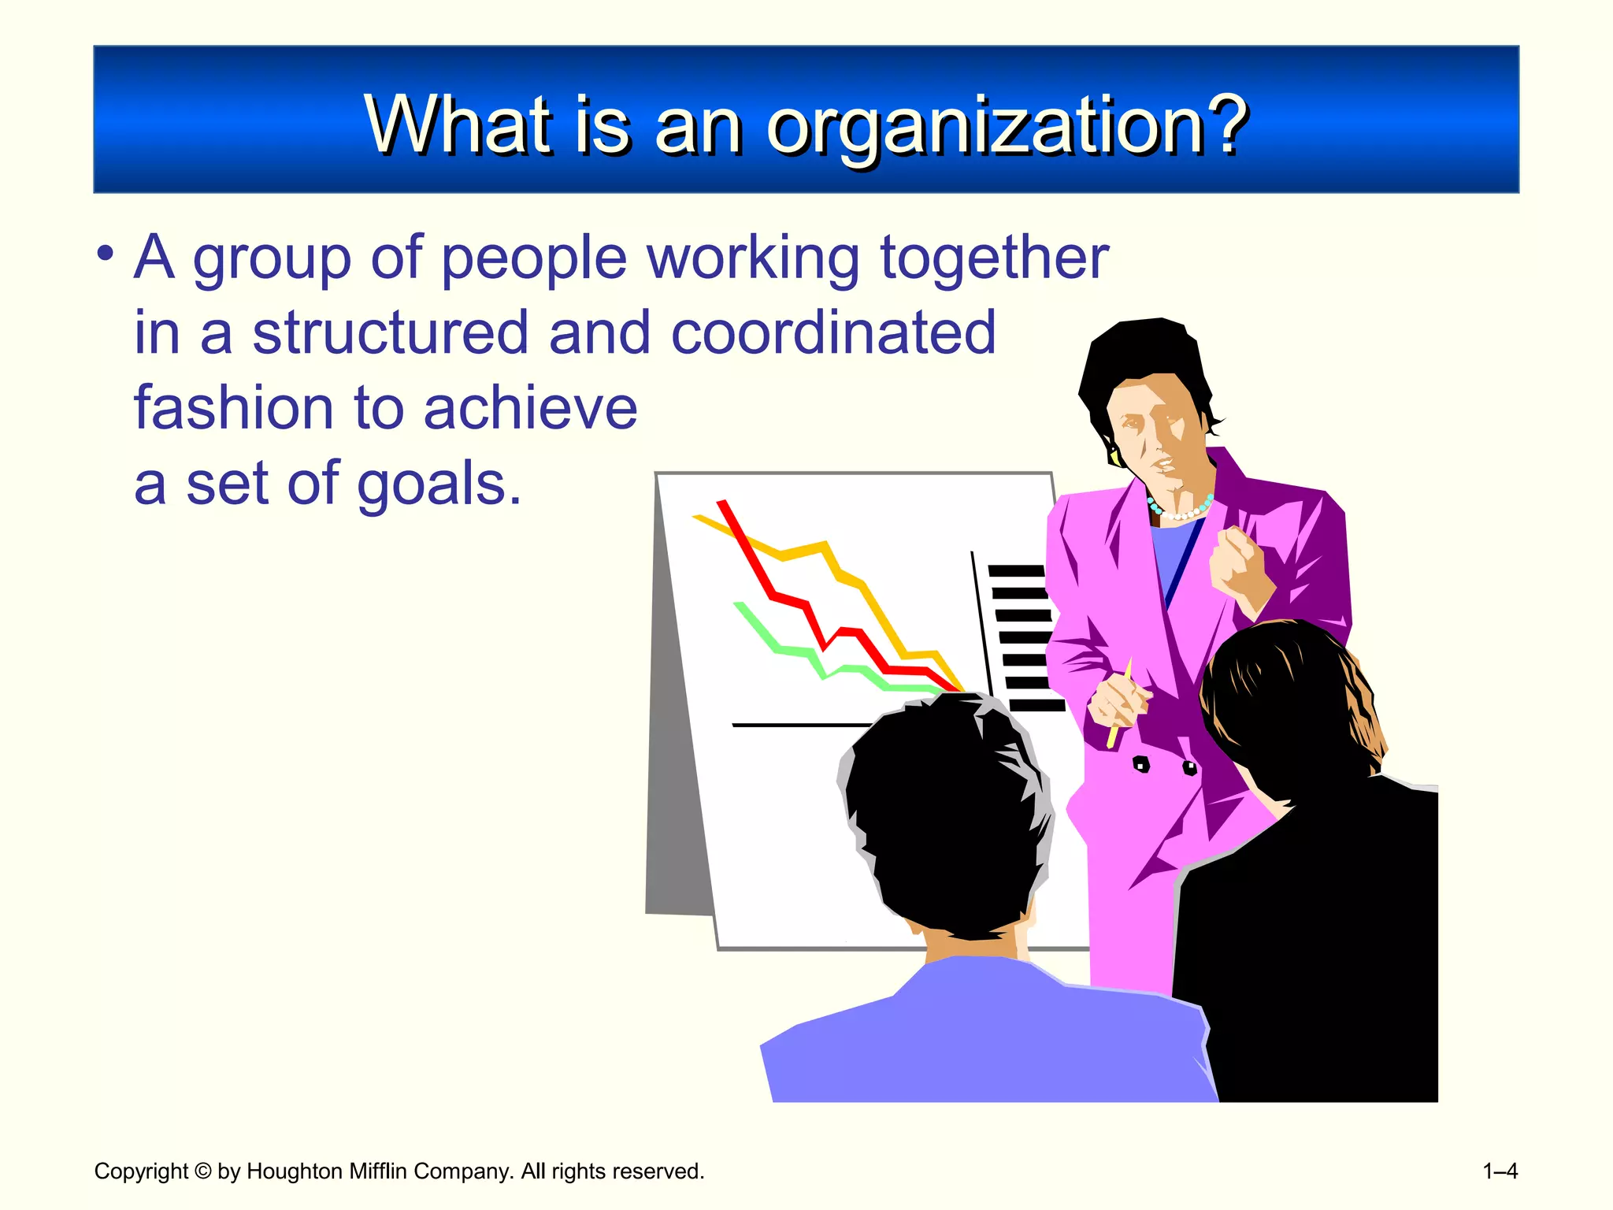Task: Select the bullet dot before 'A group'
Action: pos(106,254)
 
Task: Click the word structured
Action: pos(390,332)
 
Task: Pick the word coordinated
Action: pos(833,332)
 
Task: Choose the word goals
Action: pos(438,485)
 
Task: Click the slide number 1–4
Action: pos(1500,1171)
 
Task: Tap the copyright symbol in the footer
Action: pos(202,1171)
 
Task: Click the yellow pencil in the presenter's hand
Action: pos(1118,709)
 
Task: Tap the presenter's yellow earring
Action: pos(1114,455)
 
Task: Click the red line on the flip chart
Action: pos(788,599)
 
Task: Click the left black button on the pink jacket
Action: pos(1140,763)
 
